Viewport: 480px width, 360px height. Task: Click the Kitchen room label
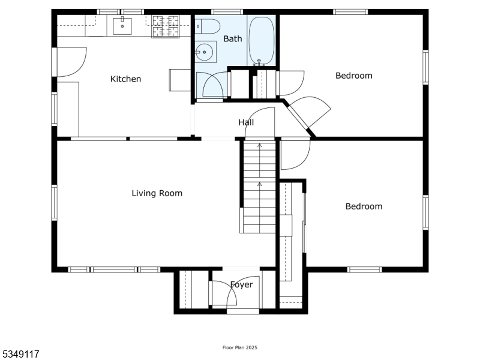(125, 79)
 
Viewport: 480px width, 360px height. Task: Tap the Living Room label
(157, 193)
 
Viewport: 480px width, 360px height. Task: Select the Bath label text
(233, 39)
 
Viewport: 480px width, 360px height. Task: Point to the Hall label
(246, 122)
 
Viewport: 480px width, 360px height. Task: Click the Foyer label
(242, 284)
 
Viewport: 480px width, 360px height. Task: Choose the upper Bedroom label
(353, 76)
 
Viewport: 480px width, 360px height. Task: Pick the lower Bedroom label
(364, 206)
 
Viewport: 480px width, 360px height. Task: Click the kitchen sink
(123, 25)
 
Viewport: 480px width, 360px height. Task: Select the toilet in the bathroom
(206, 26)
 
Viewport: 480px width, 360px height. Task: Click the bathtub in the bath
(262, 41)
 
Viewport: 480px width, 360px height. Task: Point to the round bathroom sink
(205, 52)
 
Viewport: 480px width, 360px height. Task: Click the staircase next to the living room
(259, 186)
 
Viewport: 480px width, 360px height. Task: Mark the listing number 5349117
(21, 355)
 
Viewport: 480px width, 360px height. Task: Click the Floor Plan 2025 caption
(239, 347)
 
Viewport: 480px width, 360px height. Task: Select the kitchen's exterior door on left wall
(71, 62)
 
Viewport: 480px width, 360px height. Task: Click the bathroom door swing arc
(214, 85)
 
